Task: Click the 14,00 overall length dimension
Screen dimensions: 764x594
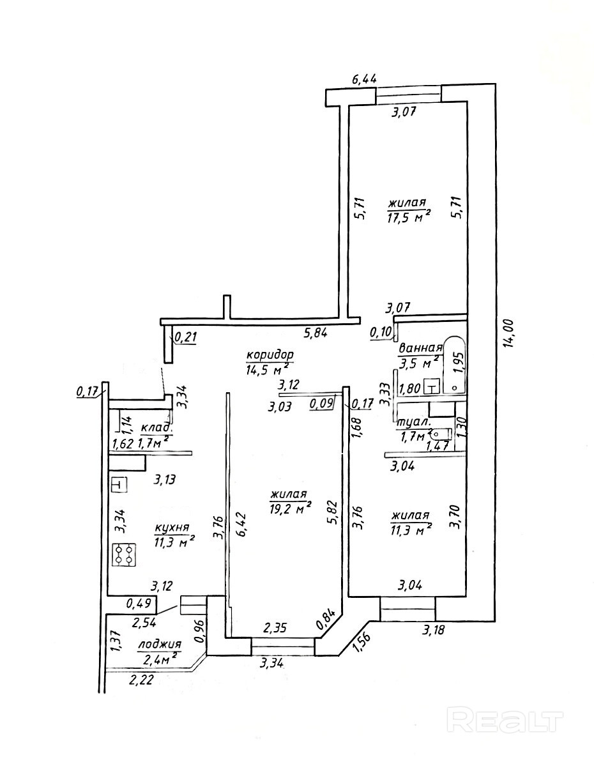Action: pos(509,335)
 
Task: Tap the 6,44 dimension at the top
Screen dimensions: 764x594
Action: pos(365,79)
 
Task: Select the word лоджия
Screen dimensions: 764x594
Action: pos(159,645)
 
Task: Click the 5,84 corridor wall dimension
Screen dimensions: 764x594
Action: pos(314,332)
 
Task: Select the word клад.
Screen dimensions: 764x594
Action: pos(155,427)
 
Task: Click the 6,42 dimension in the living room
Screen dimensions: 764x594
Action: pos(241,528)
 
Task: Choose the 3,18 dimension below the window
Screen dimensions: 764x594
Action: pos(435,631)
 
